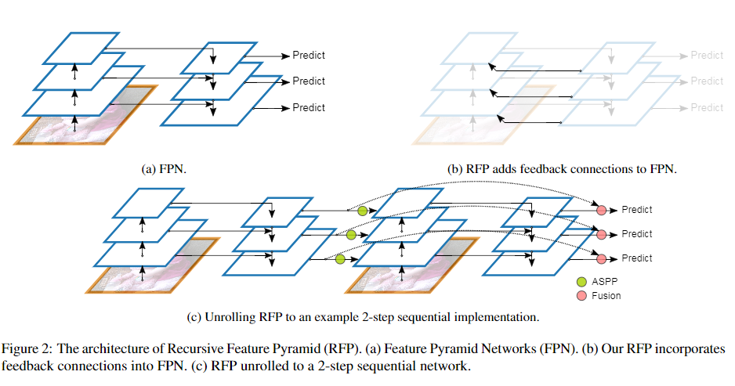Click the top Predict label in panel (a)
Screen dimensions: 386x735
click(309, 55)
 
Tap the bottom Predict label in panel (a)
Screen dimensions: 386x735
click(309, 107)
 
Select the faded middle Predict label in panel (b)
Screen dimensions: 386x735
click(707, 81)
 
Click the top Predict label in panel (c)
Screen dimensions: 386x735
click(636, 210)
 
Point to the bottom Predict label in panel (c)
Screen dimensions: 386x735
click(636, 258)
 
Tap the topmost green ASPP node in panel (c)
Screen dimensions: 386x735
click(362, 211)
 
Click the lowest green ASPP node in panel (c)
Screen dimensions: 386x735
click(340, 259)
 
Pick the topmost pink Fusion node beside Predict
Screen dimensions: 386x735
click(602, 210)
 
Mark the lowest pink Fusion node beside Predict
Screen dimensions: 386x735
click(602, 258)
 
